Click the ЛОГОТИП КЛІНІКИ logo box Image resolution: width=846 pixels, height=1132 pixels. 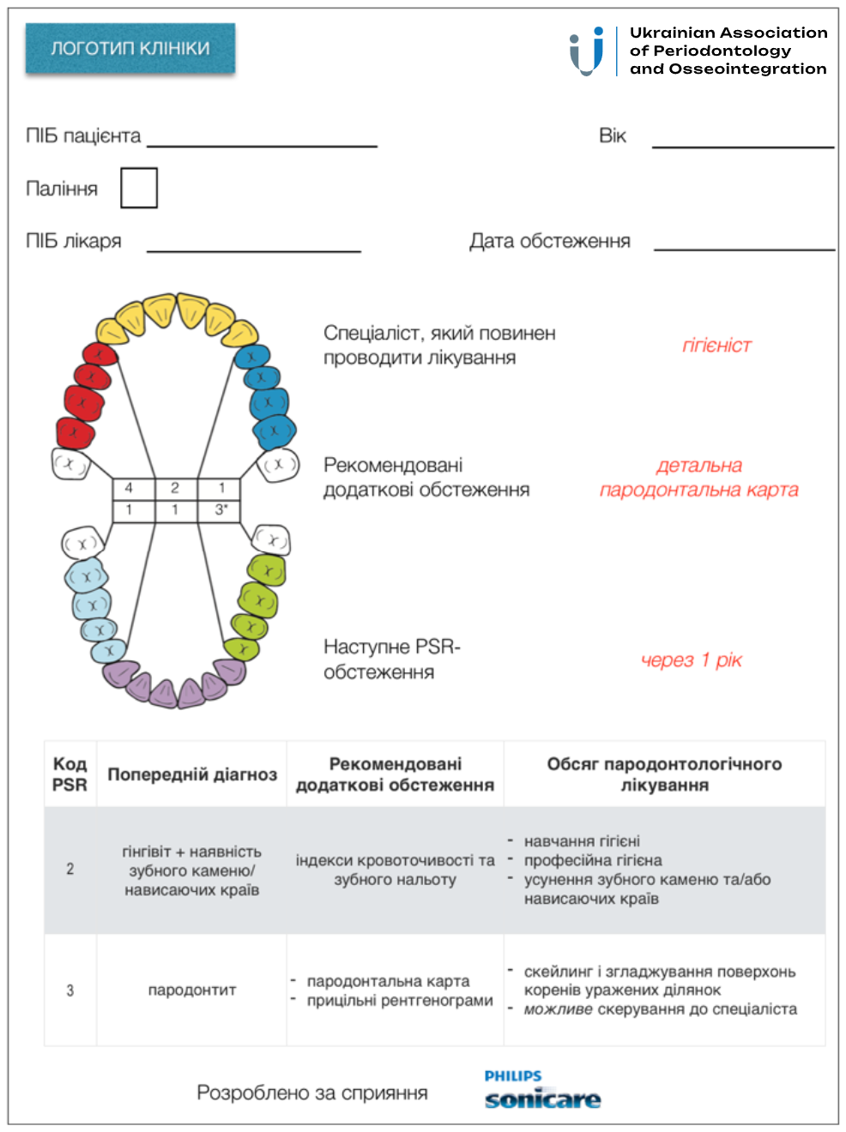point(130,48)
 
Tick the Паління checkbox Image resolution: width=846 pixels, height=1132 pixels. point(139,188)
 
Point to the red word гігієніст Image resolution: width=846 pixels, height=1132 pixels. point(716,346)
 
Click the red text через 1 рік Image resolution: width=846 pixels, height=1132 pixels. point(692,660)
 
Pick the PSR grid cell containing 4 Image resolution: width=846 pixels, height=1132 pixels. point(130,488)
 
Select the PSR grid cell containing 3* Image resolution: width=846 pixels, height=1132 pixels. point(221,510)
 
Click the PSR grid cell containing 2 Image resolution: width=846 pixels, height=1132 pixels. point(175,488)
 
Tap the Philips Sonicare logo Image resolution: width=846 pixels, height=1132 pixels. point(541,1091)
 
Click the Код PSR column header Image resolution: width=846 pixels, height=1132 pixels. point(70,774)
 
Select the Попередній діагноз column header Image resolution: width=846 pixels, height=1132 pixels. point(192,774)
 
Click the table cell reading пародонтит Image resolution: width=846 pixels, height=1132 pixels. point(192,990)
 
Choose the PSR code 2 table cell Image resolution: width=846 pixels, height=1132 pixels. point(70,870)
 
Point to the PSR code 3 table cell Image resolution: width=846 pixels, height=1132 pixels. point(70,990)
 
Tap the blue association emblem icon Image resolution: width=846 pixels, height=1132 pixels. point(587,51)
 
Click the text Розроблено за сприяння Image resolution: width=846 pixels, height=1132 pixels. point(312,1093)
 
